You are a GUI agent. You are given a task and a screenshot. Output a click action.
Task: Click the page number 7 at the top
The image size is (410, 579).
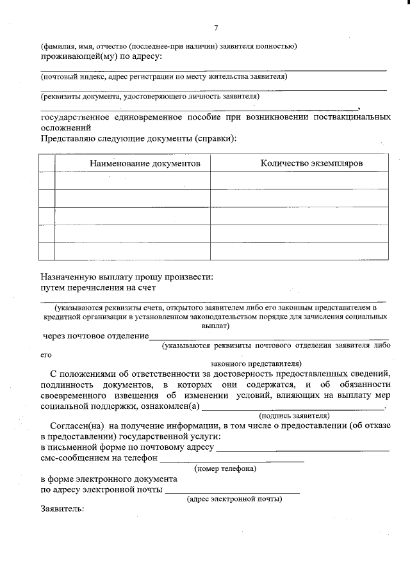(x=215, y=27)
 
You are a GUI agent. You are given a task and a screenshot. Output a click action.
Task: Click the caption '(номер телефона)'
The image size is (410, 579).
(x=225, y=468)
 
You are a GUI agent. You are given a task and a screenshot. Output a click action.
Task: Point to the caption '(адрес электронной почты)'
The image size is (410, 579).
(x=234, y=499)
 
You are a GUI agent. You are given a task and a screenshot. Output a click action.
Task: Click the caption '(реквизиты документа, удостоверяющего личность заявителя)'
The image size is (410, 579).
(x=150, y=97)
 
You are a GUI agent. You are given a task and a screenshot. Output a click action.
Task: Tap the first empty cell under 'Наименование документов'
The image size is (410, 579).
(x=132, y=180)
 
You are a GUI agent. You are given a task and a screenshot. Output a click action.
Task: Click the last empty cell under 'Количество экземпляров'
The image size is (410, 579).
(x=299, y=251)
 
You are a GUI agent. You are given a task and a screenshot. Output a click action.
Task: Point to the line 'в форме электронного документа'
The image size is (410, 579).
(x=109, y=479)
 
